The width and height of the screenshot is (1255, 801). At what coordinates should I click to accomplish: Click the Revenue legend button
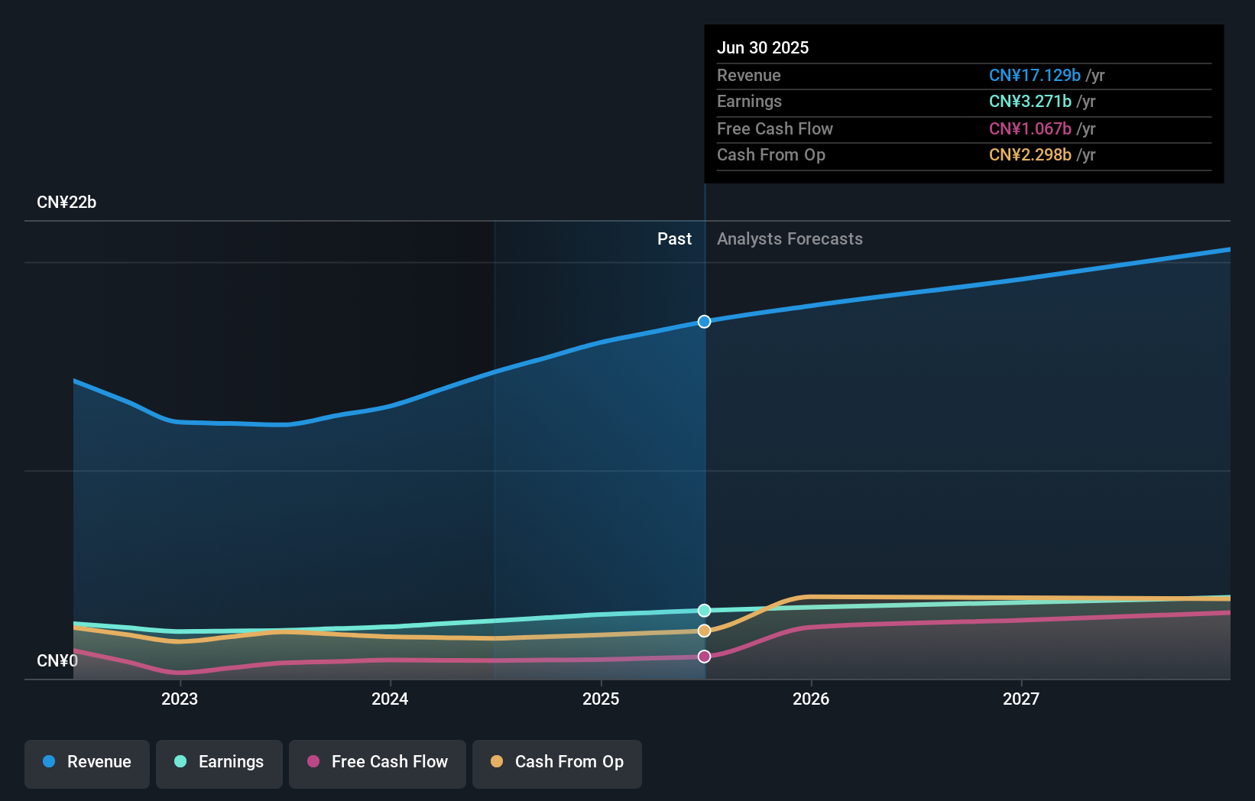(x=87, y=762)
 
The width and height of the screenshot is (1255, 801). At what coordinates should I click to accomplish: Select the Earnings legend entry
(x=219, y=762)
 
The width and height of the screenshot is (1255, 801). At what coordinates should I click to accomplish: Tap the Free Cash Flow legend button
(x=378, y=762)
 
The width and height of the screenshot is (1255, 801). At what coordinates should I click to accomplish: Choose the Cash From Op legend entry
(x=557, y=762)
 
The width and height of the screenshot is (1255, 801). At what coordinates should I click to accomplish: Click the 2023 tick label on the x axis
(x=180, y=699)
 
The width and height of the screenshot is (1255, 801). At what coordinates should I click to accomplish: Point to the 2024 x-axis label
(x=390, y=699)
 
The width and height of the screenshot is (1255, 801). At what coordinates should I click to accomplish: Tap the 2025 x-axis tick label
(x=601, y=699)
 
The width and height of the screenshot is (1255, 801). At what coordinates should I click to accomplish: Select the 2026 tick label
(x=811, y=699)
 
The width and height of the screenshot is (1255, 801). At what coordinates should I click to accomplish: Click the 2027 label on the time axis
(x=1021, y=699)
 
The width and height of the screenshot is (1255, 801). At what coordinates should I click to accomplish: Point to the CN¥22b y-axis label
(x=66, y=203)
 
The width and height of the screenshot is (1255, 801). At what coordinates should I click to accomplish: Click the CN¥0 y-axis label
(x=57, y=660)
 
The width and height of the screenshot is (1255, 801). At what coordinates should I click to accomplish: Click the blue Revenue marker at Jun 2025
(x=705, y=322)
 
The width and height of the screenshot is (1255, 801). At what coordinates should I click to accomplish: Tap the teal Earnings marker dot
(x=705, y=611)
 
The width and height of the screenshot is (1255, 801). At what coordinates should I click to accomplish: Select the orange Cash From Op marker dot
(x=705, y=631)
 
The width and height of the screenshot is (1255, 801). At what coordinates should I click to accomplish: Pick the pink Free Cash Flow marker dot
(x=705, y=657)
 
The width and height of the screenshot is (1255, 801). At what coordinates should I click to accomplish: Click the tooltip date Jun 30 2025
(x=763, y=47)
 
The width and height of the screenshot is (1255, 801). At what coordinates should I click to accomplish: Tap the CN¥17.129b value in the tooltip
(x=1034, y=75)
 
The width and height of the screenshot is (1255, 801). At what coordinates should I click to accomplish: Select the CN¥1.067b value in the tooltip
(x=1030, y=128)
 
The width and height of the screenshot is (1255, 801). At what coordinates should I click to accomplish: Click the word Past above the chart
(x=674, y=239)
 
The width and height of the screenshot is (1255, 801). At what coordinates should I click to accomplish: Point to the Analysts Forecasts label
(x=790, y=239)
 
